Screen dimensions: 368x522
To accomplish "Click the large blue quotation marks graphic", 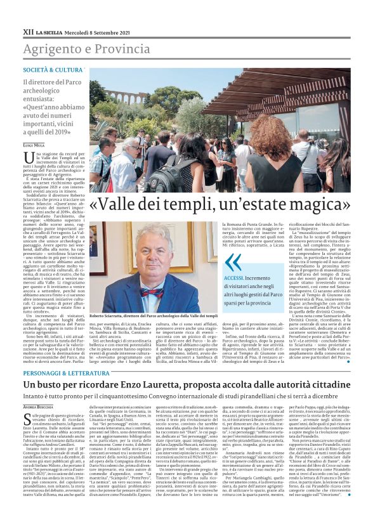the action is (233, 261).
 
